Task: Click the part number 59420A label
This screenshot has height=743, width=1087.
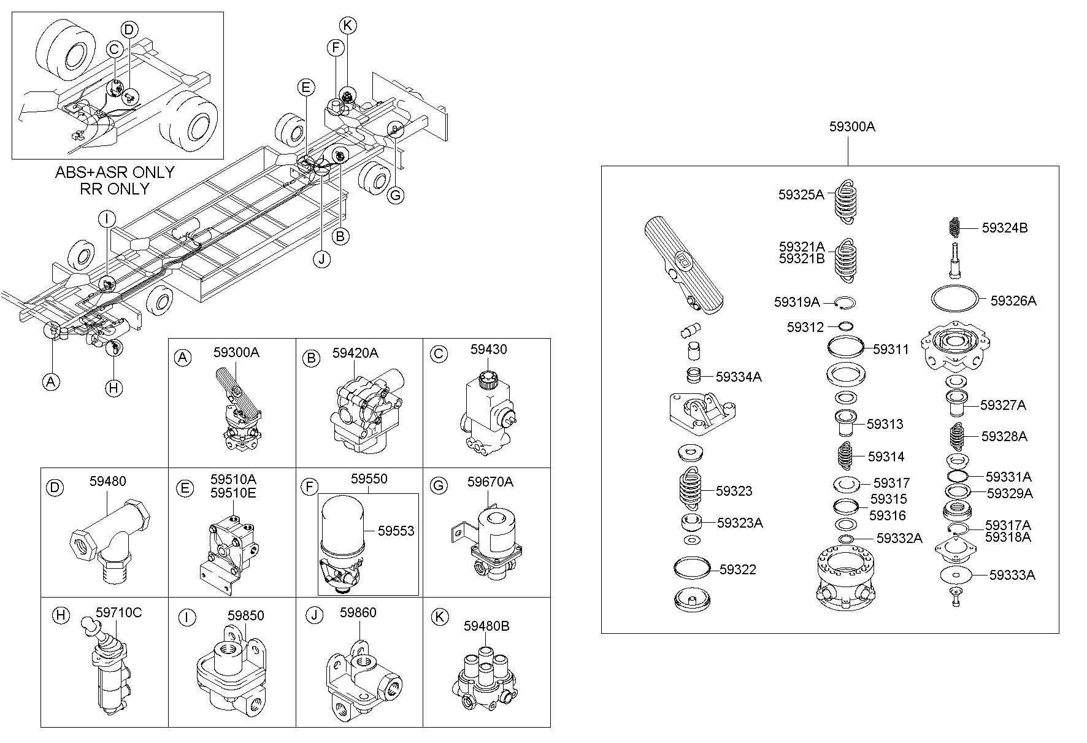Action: coord(355,353)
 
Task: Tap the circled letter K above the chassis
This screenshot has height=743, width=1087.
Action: coord(347,25)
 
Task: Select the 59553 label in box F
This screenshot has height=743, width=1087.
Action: coord(396,531)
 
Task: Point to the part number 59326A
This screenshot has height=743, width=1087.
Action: coord(1013,301)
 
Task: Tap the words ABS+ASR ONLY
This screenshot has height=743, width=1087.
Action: coord(115,172)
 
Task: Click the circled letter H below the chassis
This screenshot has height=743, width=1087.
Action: coord(113,387)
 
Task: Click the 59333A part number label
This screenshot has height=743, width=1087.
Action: coord(1012,575)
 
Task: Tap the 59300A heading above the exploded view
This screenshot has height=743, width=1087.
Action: coord(852,127)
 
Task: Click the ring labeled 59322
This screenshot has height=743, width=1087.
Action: coord(692,567)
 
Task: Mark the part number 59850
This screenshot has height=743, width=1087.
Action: coord(245,615)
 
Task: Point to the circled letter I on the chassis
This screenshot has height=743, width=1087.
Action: coord(107,218)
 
